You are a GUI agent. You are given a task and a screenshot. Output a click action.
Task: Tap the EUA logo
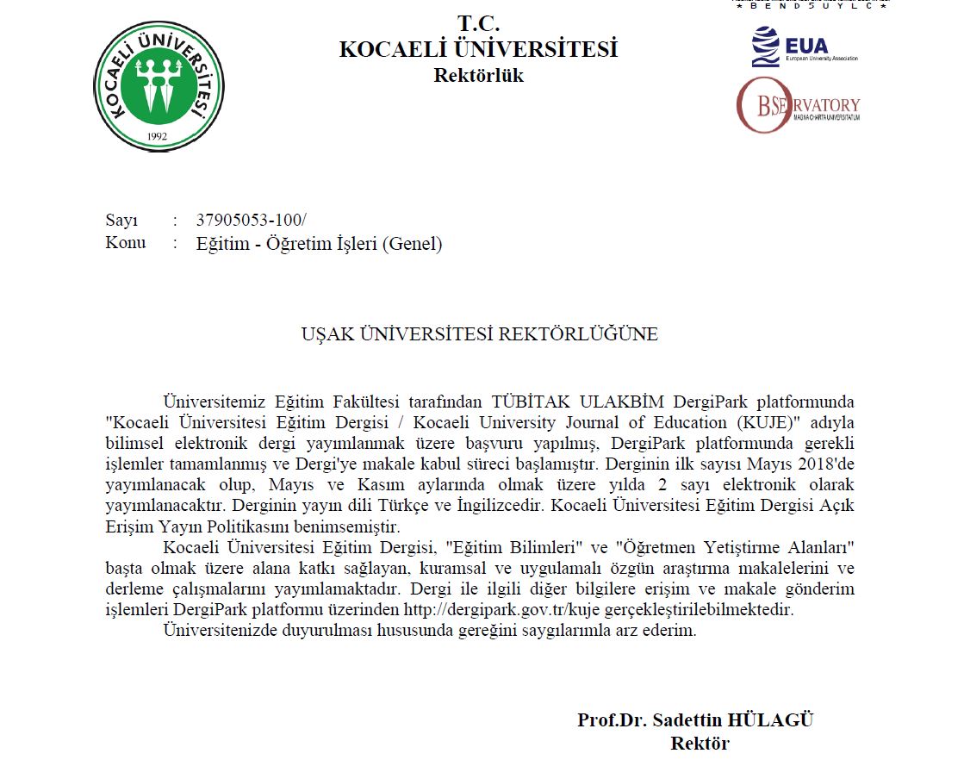(x=804, y=47)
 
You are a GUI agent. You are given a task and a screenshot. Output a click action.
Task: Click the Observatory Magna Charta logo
(x=798, y=106)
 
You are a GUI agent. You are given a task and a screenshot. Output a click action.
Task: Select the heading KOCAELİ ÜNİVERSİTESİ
(x=478, y=50)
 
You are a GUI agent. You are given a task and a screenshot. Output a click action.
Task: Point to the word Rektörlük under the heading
(x=478, y=76)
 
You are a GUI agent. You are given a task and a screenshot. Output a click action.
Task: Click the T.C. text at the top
(x=478, y=23)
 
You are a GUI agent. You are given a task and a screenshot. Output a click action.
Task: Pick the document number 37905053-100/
(x=251, y=220)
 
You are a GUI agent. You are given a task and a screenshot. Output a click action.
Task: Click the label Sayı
(x=121, y=220)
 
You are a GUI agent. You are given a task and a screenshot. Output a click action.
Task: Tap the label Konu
(x=126, y=243)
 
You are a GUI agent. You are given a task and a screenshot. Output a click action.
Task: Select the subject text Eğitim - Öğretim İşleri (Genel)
(x=319, y=244)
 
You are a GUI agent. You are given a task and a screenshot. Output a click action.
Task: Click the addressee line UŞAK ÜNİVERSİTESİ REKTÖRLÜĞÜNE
(x=479, y=334)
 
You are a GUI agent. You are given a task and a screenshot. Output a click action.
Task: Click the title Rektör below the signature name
(x=700, y=743)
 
